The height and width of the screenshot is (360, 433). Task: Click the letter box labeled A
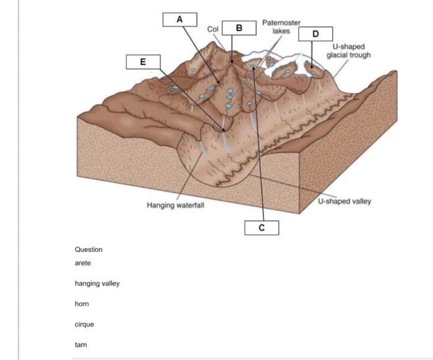(x=180, y=19)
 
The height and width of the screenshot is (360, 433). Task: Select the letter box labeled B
(x=239, y=28)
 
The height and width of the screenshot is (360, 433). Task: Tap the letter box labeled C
(x=262, y=228)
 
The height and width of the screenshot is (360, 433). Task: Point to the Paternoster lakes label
(x=281, y=26)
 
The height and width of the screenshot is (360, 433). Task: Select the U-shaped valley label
(x=345, y=202)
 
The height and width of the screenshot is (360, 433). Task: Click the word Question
(x=88, y=249)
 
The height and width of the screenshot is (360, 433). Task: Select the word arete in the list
(x=83, y=263)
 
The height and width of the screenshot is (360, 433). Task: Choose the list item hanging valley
(x=97, y=283)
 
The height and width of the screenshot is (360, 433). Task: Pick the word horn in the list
(x=82, y=304)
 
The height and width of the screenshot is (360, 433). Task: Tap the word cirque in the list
(x=84, y=324)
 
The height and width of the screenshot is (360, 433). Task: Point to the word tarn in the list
(x=81, y=345)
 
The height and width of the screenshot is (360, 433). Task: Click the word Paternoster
(x=281, y=22)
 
